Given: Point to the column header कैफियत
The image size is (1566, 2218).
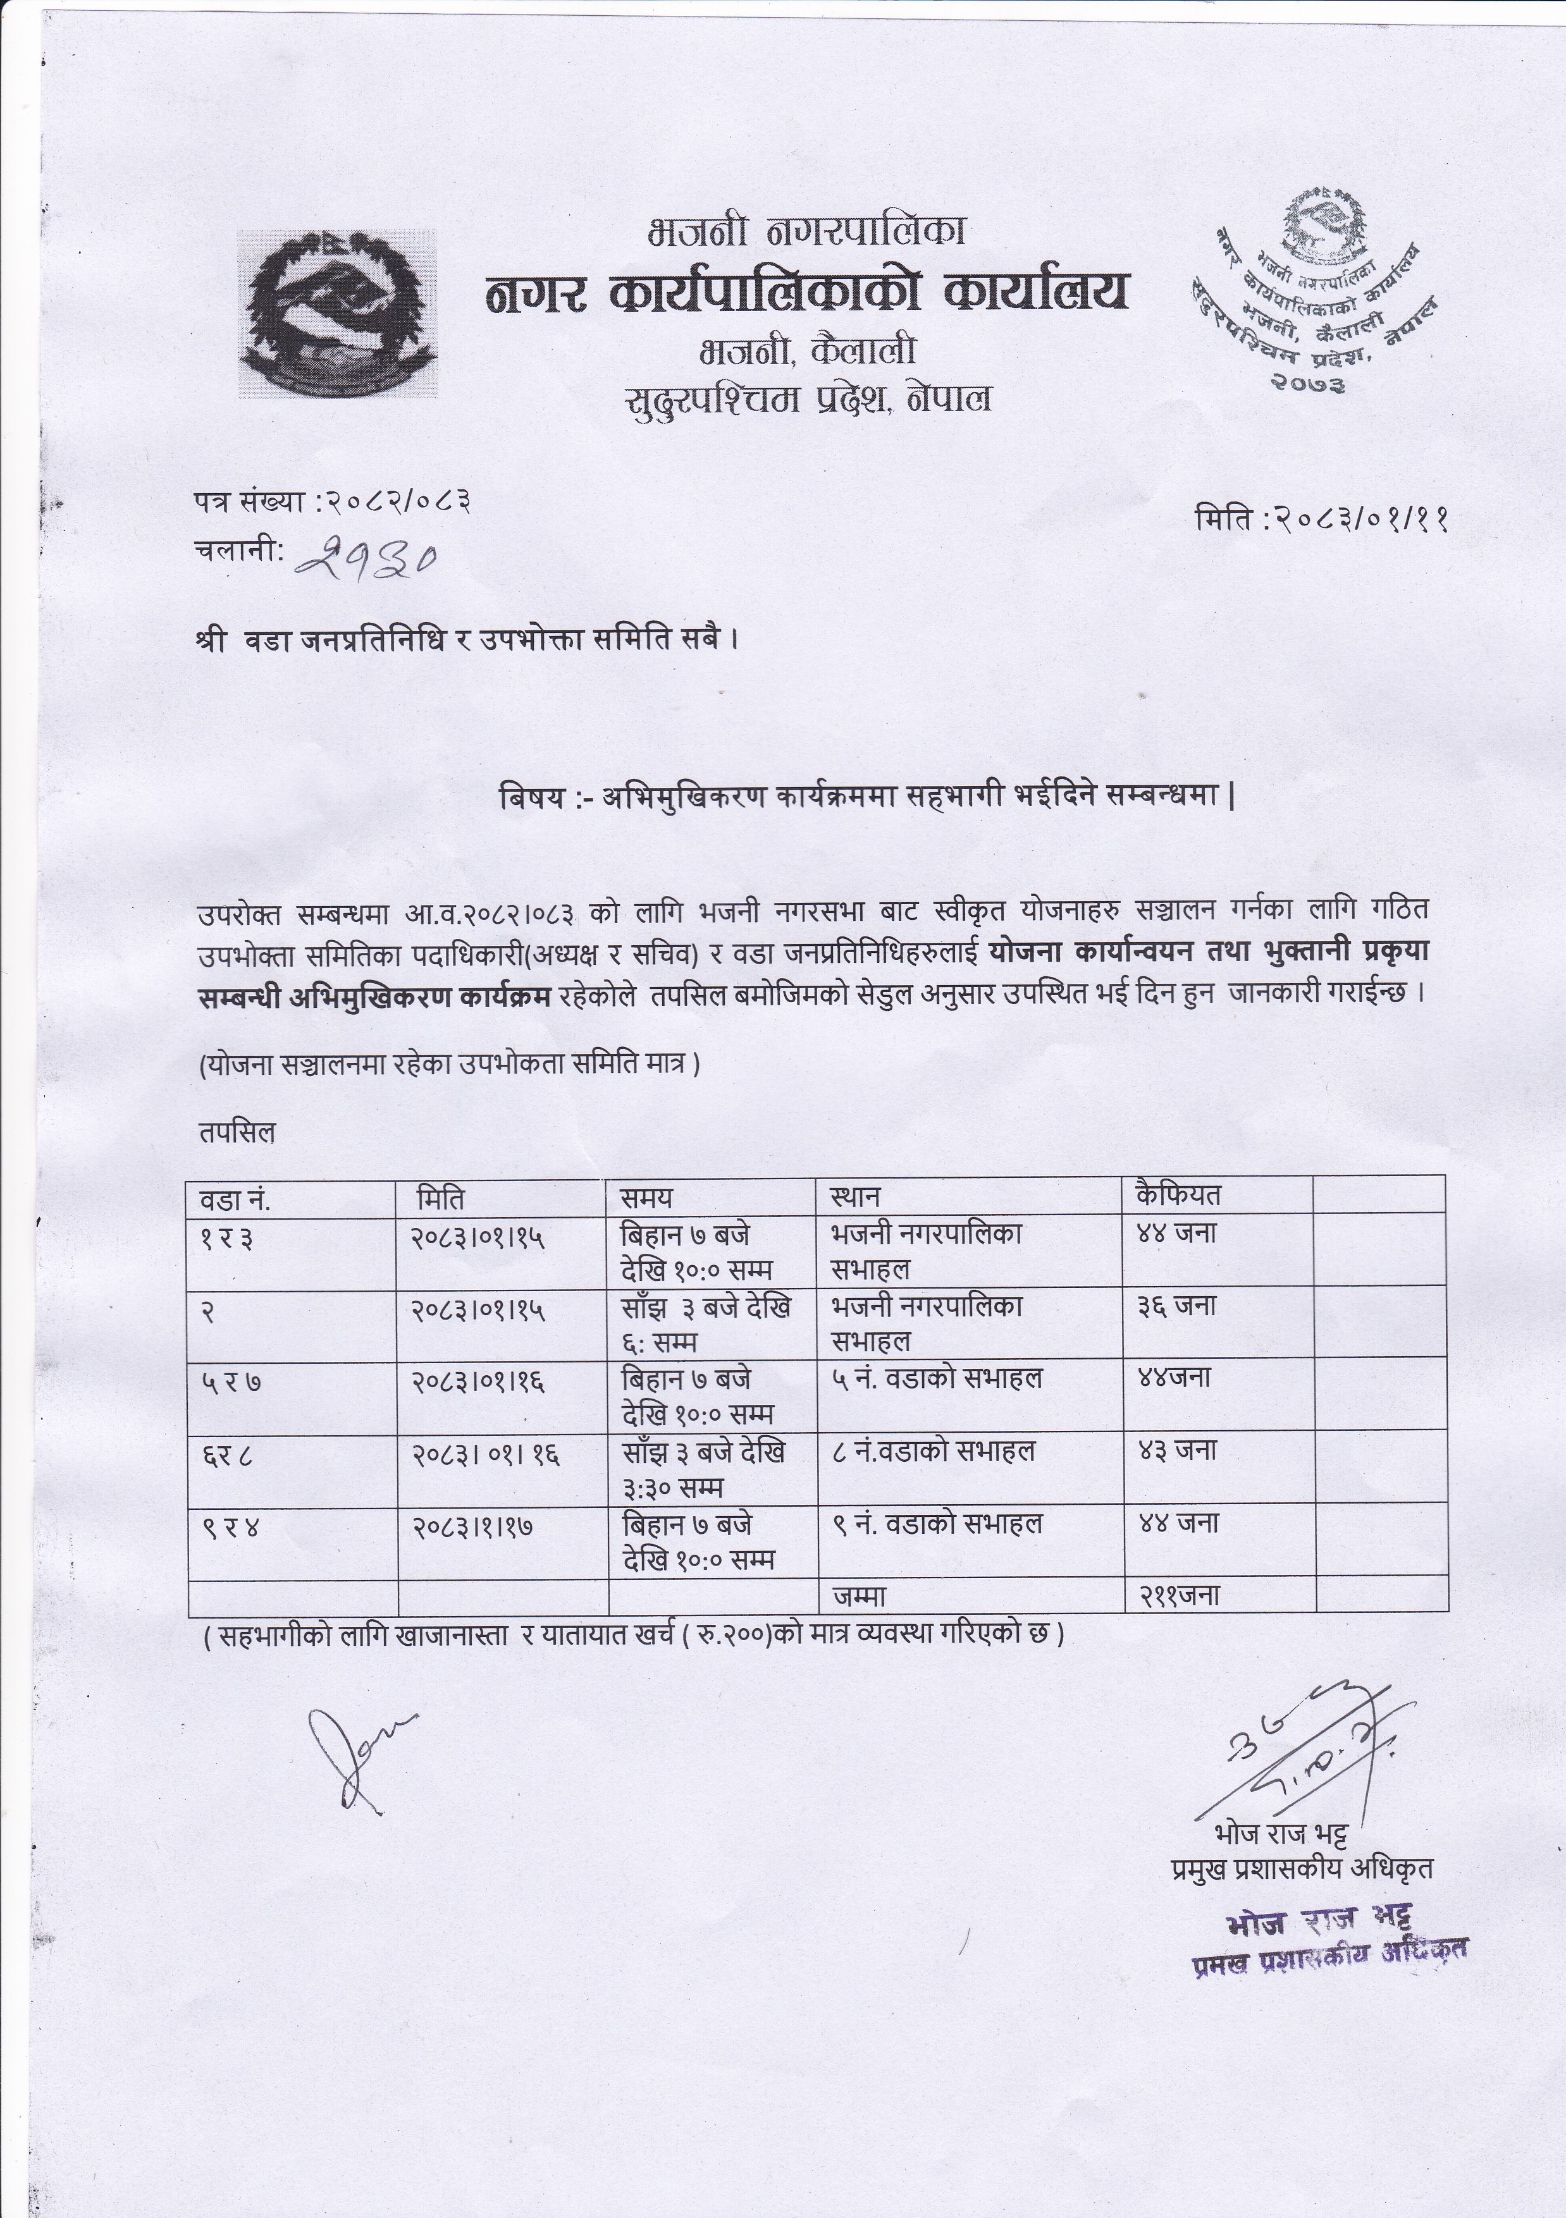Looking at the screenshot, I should [x=1178, y=1195].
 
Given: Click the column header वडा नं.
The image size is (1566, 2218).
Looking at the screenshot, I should [x=235, y=1199].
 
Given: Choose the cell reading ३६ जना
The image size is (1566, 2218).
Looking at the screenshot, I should [x=1176, y=1307].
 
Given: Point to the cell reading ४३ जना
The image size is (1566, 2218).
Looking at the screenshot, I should [x=1176, y=1451].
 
